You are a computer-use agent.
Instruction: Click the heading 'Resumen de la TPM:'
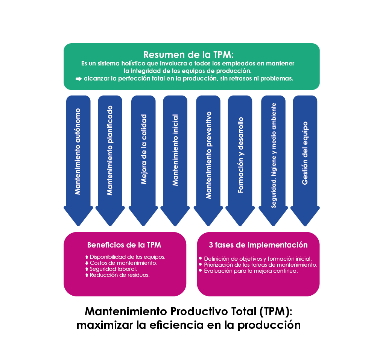pyautogui.click(x=191, y=55)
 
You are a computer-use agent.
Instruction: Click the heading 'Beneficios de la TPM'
pyautogui.click(x=124, y=245)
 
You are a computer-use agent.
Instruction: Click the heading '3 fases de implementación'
pyautogui.click(x=258, y=245)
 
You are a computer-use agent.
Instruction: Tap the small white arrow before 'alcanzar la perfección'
pyautogui.click(x=79, y=79)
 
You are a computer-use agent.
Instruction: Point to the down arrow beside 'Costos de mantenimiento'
pyautogui.click(x=87, y=263)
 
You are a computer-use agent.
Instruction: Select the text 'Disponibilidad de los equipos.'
pyautogui.click(x=128, y=257)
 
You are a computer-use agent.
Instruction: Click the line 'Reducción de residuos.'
pyautogui.click(x=120, y=275)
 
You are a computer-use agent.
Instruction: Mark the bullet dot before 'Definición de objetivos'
pyautogui.click(x=200, y=258)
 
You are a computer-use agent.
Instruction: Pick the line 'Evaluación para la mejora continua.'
pyautogui.click(x=251, y=270)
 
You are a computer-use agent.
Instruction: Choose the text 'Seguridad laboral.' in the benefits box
pyautogui.click(x=113, y=269)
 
